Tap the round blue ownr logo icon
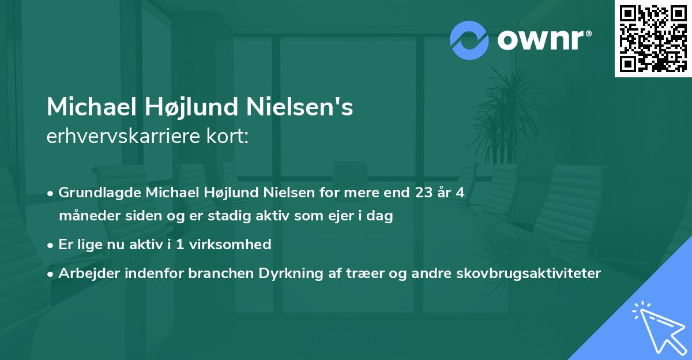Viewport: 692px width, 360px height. point(469,40)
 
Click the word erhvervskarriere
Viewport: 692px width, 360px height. point(130,137)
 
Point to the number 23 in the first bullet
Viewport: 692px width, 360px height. point(424,192)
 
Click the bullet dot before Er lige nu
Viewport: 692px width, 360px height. point(51,245)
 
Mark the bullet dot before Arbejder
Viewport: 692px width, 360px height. point(51,273)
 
